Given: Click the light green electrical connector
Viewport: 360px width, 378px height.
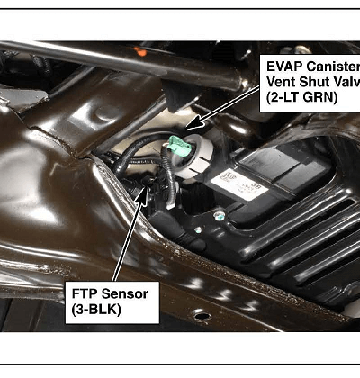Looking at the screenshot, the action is (x=180, y=146).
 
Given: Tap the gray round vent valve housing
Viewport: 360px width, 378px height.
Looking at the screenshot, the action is (x=194, y=156).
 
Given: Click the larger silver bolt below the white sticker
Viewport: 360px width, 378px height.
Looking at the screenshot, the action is (x=220, y=215).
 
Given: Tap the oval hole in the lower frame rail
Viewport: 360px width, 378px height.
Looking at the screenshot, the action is (x=202, y=316).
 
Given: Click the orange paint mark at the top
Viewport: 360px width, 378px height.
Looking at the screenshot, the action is (x=140, y=51).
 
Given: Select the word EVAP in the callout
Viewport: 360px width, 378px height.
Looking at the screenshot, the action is (x=284, y=67).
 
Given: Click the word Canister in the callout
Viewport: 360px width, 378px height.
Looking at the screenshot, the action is (x=333, y=67).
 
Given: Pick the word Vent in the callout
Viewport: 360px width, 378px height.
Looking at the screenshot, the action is (x=281, y=82).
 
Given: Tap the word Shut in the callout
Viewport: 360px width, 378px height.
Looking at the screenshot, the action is (x=313, y=82).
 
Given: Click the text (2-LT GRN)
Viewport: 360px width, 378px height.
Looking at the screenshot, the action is (x=302, y=98).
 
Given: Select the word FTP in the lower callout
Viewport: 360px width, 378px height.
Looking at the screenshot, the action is (x=85, y=293).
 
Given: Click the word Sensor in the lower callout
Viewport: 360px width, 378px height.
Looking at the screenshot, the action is (x=124, y=293).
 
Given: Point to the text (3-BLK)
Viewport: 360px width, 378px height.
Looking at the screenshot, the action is (x=96, y=310).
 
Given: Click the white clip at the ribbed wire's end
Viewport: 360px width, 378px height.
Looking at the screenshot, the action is (x=171, y=206).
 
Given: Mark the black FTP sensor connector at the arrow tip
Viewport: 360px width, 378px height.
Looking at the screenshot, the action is (x=148, y=181).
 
